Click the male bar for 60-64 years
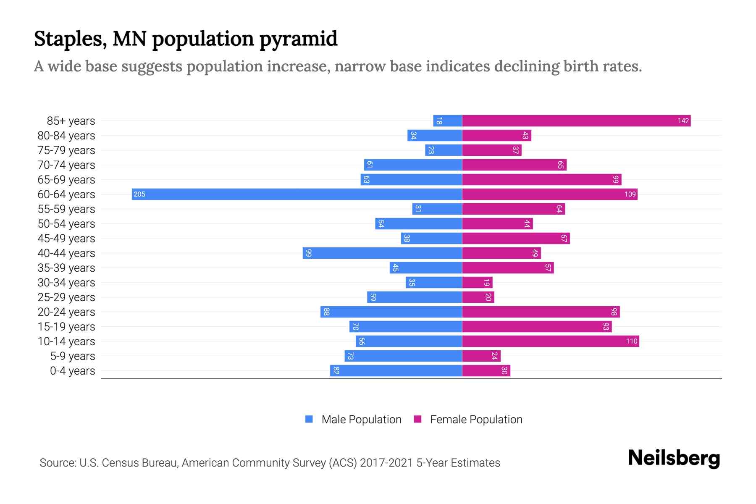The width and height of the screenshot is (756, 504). tap(297, 194)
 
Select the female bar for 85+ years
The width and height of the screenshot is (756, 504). tap(576, 121)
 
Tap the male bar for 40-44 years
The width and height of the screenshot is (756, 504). tap(382, 253)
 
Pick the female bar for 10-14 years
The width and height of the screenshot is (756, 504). tap(550, 341)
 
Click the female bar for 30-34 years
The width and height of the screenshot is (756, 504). tap(477, 282)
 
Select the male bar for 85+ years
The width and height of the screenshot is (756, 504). tap(448, 121)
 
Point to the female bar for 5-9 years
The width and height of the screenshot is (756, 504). tap(481, 356)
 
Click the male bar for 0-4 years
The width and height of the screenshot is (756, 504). tap(396, 370)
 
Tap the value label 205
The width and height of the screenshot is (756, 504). tap(139, 194)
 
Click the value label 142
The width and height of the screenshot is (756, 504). tap(683, 121)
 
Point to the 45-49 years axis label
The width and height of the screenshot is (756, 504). tap(66, 238)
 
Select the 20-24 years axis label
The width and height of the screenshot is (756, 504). tap(66, 312)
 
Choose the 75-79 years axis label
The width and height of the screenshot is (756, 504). tap(66, 150)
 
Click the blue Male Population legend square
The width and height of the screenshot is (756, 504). tap(309, 419)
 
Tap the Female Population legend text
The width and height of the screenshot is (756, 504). tap(476, 419)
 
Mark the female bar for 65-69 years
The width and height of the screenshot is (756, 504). tap(542, 179)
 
